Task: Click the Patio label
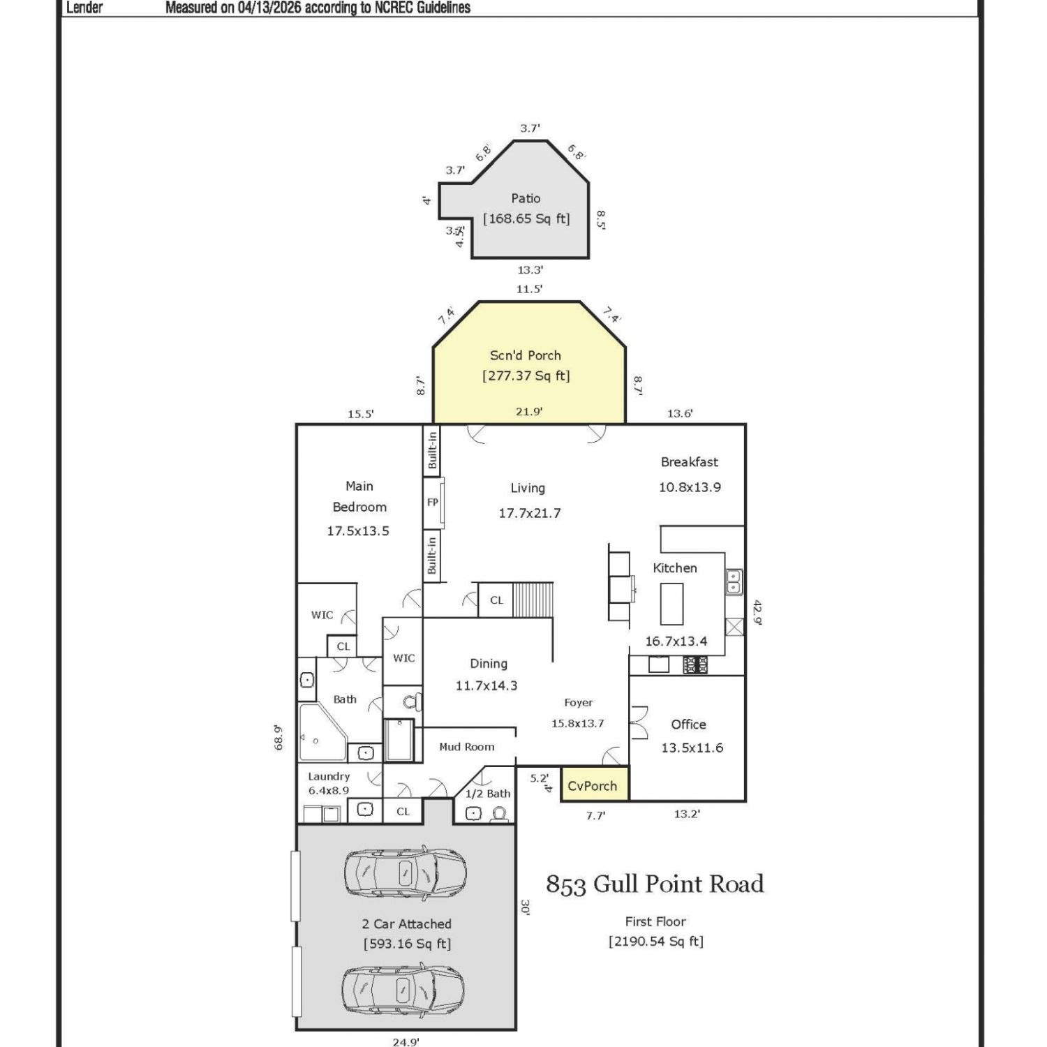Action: [526, 198]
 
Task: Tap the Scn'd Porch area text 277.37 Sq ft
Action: [526, 376]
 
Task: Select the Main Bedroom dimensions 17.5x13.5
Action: [358, 530]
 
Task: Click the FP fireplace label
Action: [433, 502]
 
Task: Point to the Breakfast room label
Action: [690, 462]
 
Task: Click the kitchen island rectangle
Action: [671, 604]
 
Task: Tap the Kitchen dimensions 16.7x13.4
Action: [676, 641]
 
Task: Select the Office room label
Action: [688, 725]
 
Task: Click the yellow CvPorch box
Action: [595, 784]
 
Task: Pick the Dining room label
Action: [489, 663]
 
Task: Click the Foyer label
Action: [579, 703]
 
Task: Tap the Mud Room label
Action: [467, 747]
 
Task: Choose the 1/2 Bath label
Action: [488, 794]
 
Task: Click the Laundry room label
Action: [329, 776]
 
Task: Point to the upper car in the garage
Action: [406, 872]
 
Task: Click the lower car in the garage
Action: [403, 989]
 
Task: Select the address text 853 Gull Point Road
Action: [655, 884]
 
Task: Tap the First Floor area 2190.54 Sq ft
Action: [656, 941]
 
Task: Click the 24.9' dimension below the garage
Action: [406, 1042]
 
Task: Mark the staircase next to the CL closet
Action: [533, 600]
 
